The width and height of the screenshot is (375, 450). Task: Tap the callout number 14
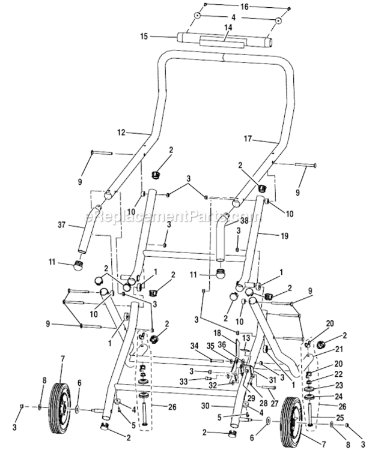pyautogui.click(x=227, y=28)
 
